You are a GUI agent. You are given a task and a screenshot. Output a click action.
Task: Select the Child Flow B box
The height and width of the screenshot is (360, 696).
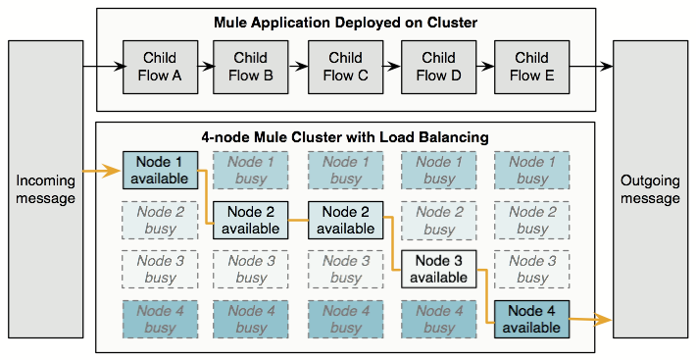(251, 67)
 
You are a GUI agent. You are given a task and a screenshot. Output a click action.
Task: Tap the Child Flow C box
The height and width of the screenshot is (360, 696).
(345, 67)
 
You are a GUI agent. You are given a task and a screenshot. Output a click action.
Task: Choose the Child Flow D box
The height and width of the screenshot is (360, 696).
(438, 67)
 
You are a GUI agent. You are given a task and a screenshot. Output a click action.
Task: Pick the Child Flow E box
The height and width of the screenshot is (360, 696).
(532, 67)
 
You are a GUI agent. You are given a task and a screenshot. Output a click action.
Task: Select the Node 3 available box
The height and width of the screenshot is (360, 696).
(438, 269)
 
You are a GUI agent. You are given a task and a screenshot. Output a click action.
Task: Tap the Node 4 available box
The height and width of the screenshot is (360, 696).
(532, 319)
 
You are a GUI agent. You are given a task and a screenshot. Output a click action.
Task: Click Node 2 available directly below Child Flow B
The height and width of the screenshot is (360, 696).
(251, 220)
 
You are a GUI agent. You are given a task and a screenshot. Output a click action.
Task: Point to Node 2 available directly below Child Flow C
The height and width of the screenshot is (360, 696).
(345, 220)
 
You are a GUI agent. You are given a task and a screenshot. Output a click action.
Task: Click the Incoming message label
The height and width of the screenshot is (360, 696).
(46, 190)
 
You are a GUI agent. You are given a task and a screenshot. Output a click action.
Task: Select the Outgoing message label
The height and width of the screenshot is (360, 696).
(650, 190)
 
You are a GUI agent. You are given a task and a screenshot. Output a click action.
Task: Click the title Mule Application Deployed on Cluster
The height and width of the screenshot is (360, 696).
(345, 22)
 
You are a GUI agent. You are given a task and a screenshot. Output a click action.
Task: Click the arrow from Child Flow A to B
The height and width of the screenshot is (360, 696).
(204, 67)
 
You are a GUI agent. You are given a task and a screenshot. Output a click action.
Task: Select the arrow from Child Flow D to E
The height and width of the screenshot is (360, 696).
(485, 67)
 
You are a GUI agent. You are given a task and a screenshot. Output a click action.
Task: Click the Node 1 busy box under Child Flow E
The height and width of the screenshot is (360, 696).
(532, 170)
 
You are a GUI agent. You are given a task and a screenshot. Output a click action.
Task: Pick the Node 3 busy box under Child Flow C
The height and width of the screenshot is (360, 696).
(345, 269)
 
